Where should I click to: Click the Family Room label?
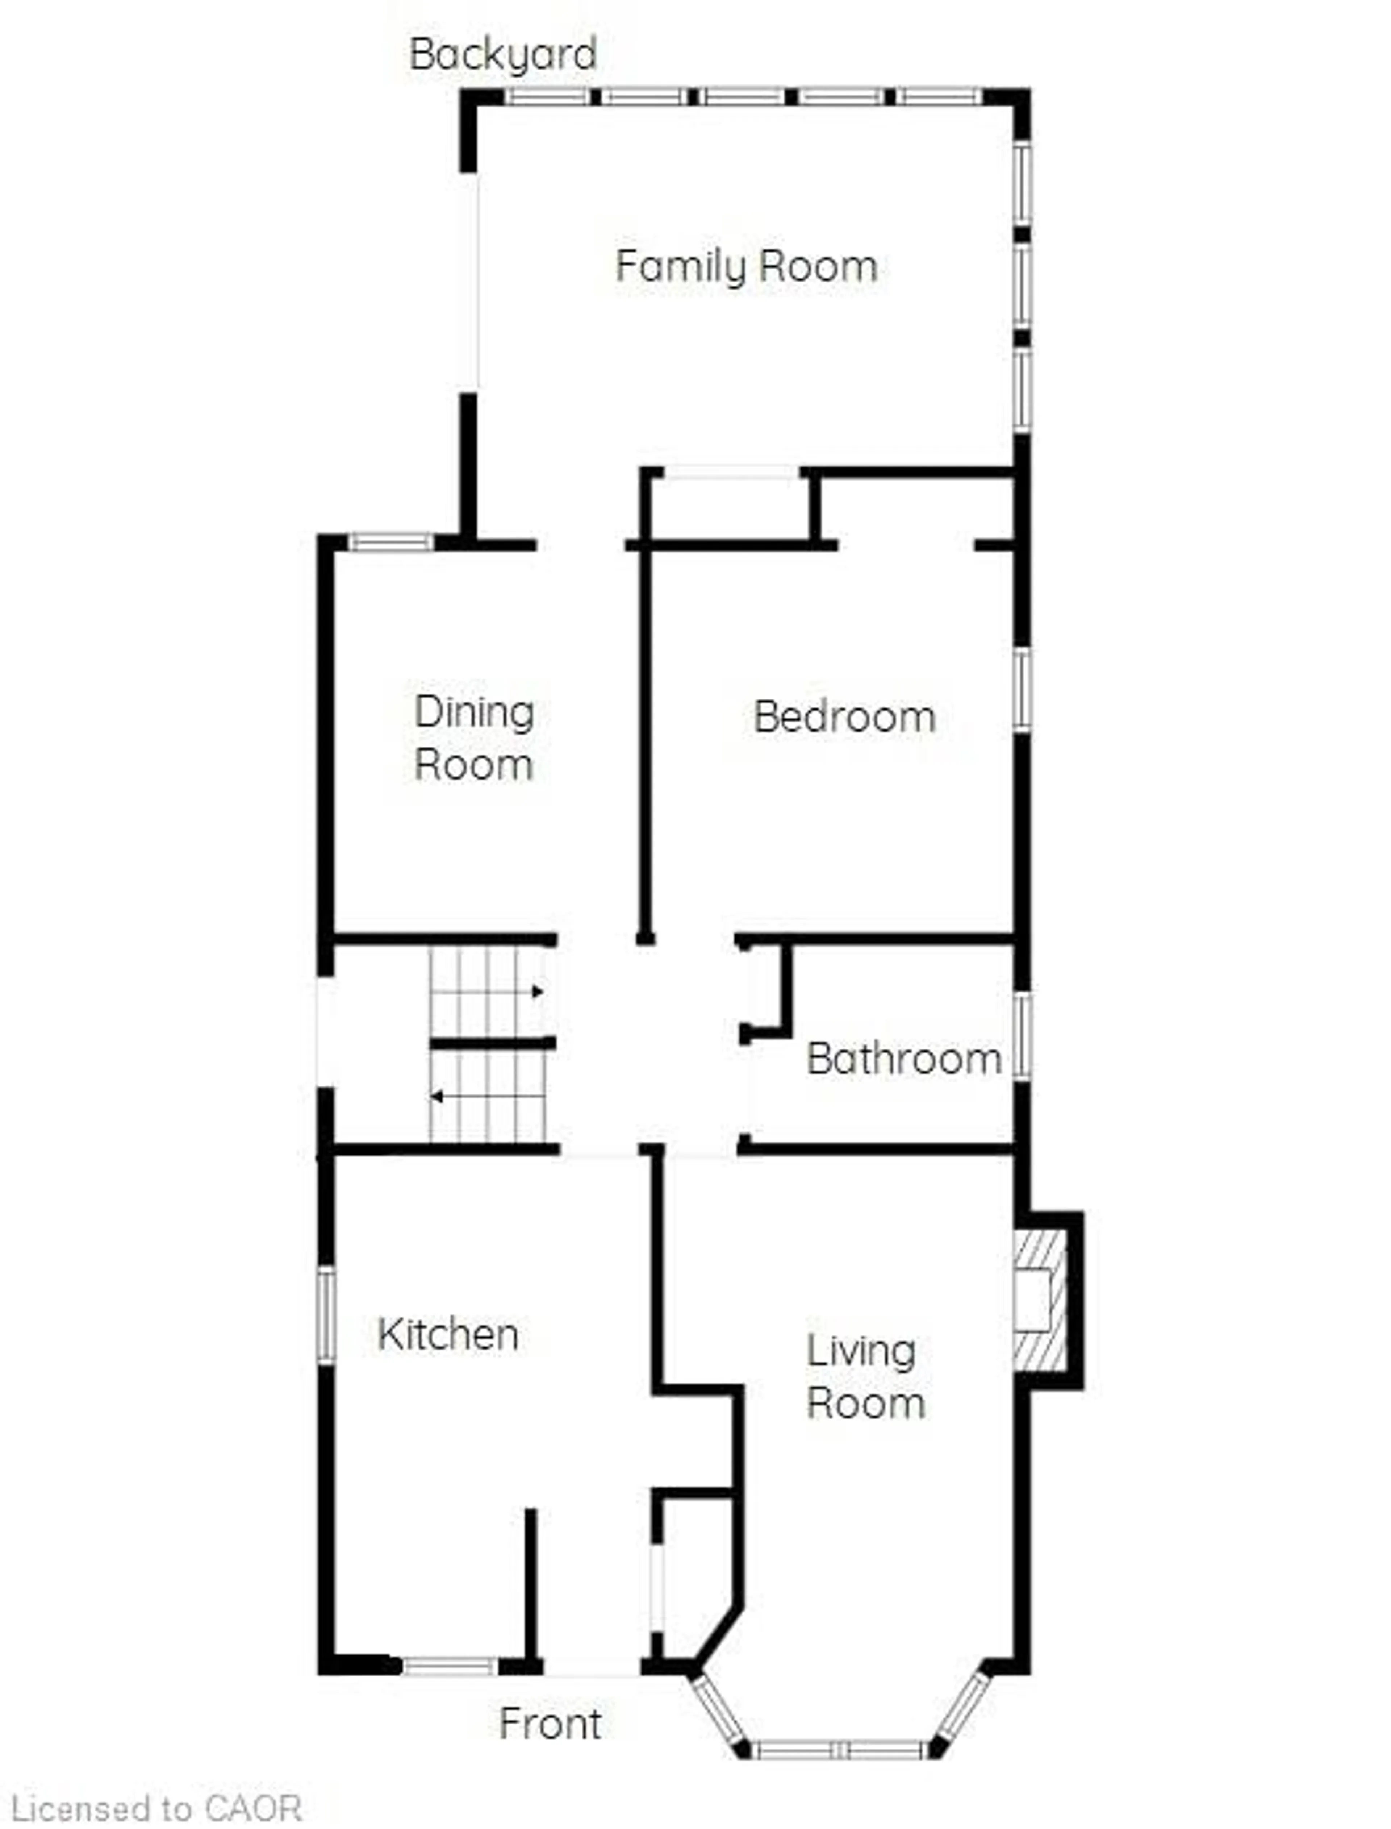point(746,267)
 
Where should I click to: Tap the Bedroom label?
point(844,717)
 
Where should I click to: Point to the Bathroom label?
point(903,1060)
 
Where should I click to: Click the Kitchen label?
point(448,1334)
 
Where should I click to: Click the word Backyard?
point(502,55)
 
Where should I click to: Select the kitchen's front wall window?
point(450,1666)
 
